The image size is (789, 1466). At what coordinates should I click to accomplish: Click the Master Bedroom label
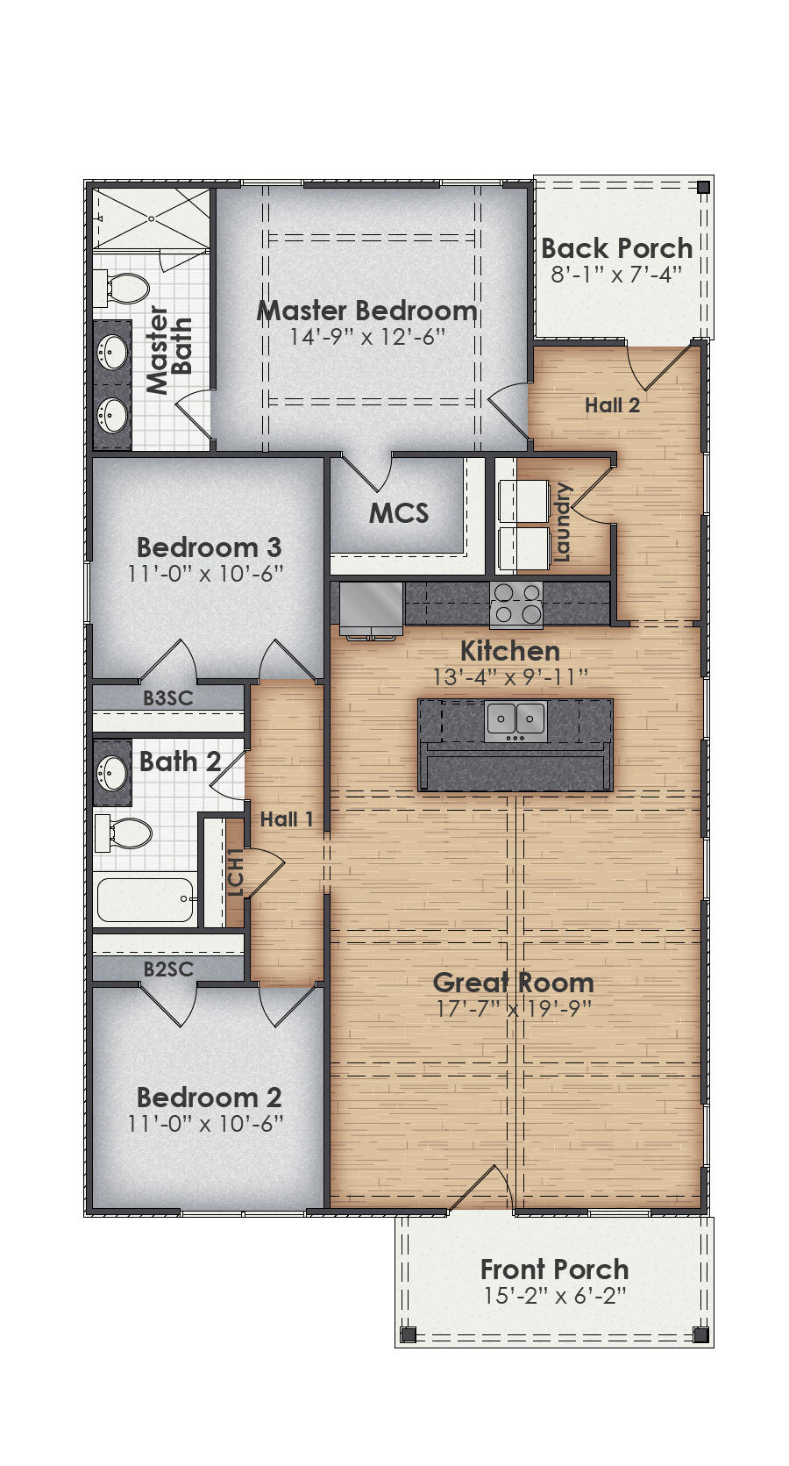coord(366,311)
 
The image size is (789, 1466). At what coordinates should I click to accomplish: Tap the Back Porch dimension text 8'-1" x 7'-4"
coord(616,275)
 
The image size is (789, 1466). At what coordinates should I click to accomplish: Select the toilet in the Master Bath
coord(125,289)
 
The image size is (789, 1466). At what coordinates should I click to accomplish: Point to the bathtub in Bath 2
coord(145,900)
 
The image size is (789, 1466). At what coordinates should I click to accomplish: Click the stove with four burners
coord(516,604)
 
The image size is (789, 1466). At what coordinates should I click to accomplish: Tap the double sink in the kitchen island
coord(516,720)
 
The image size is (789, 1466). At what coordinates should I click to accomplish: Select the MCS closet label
coord(398,513)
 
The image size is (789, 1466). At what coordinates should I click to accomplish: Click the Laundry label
coord(562,522)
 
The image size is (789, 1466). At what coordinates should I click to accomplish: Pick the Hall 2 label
coord(612,405)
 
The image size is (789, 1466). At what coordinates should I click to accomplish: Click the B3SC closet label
coord(168,698)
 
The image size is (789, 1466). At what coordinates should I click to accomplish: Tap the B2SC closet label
coord(168,969)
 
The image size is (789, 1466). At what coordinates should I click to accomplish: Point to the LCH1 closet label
coord(234,873)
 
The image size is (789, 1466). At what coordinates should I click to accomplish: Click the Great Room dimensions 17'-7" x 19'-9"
coord(515,1008)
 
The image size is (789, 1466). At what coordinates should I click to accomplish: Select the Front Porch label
coord(554,1269)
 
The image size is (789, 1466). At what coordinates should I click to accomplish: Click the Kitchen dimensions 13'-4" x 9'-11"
coord(510,676)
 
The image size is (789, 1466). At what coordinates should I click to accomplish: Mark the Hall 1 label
coord(287,819)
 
